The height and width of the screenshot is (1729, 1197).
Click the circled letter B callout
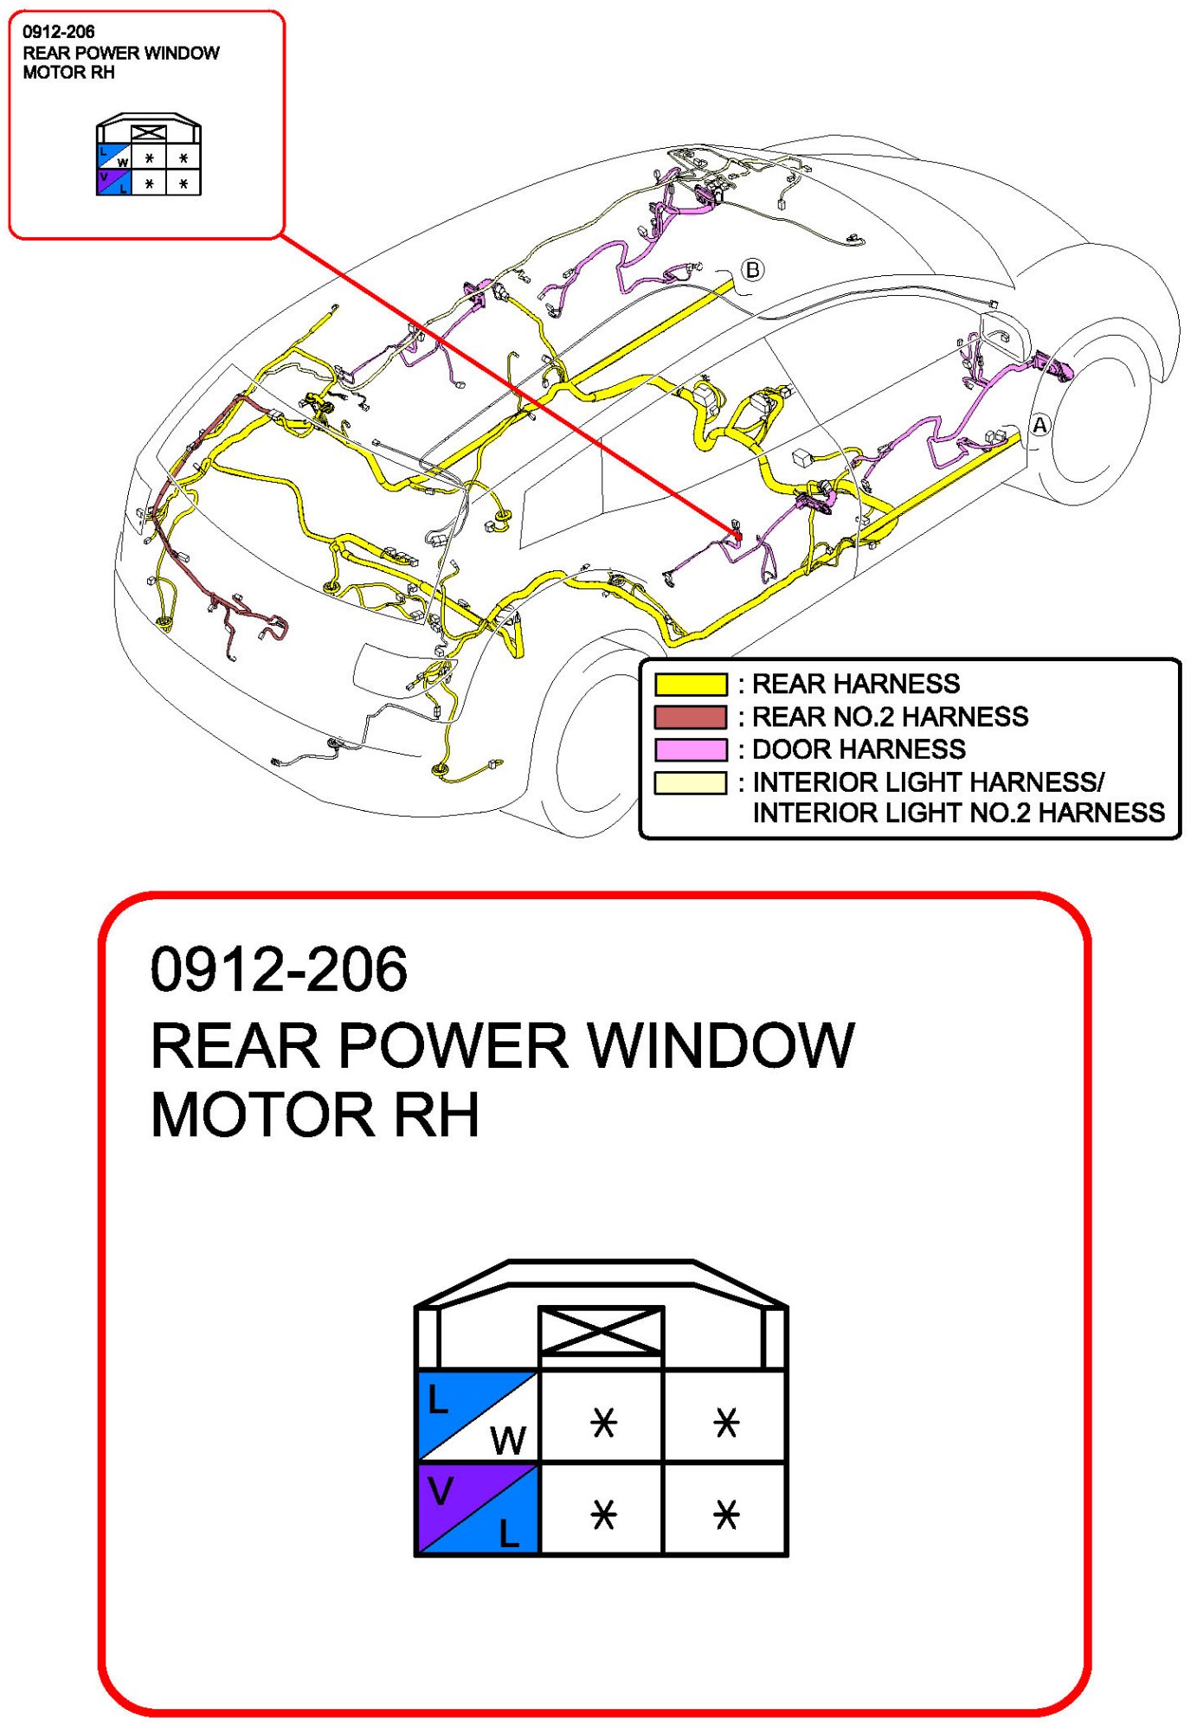(752, 270)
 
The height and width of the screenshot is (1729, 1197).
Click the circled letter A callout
(1039, 425)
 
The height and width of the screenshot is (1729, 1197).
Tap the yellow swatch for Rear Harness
(690, 685)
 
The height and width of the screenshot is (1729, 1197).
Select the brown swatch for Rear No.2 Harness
(690, 717)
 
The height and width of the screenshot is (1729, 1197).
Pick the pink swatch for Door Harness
(690, 749)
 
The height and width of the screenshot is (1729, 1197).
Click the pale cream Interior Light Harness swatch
(690, 782)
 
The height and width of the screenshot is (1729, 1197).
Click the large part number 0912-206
(278, 969)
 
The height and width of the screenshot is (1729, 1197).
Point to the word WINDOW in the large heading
(721, 1045)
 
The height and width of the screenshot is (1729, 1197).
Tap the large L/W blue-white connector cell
(478, 1416)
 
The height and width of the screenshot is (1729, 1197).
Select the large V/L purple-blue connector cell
(478, 1509)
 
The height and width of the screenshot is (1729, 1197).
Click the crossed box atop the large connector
(601, 1331)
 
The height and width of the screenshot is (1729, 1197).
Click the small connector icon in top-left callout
(148, 156)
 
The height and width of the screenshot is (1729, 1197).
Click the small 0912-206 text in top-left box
(58, 32)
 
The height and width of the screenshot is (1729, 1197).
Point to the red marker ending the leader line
(737, 537)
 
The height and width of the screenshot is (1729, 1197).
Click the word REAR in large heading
(235, 1045)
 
